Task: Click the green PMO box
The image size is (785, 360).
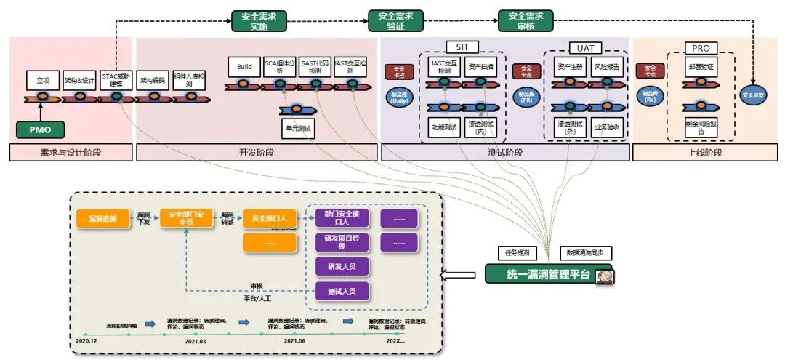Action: (x=41, y=130)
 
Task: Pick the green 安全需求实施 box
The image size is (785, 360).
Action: (x=258, y=20)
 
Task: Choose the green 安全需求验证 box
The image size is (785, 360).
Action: (x=395, y=20)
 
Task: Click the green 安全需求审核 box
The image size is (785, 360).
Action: (x=526, y=20)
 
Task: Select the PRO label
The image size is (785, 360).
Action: (x=701, y=48)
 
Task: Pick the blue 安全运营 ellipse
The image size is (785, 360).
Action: (x=752, y=95)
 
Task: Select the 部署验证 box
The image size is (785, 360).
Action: (x=701, y=66)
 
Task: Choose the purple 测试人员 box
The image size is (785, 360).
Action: (x=342, y=292)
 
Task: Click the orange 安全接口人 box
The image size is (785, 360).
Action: (x=270, y=217)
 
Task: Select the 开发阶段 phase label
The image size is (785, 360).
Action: (x=257, y=153)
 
